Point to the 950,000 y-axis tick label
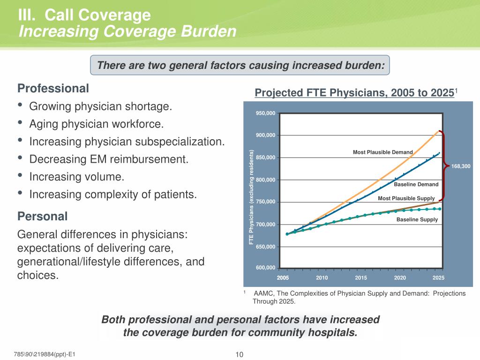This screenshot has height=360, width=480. [x=265, y=113]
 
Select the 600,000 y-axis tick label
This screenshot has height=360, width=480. [x=265, y=268]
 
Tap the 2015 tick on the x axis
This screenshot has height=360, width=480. [x=361, y=278]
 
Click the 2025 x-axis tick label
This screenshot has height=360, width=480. [x=438, y=278]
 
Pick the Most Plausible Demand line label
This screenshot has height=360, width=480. [x=382, y=152]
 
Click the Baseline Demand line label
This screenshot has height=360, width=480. [x=416, y=185]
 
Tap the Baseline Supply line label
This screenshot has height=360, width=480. [x=417, y=219]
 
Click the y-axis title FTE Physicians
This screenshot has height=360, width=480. [x=251, y=197]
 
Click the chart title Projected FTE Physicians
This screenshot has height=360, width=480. [x=354, y=92]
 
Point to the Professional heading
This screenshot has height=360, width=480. [x=53, y=88]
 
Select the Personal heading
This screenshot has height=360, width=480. [x=43, y=217]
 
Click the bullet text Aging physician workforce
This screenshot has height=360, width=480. [x=97, y=124]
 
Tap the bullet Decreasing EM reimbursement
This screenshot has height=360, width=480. [x=109, y=159]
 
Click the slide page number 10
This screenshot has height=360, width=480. [x=240, y=354]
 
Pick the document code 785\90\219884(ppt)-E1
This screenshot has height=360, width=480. [x=45, y=354]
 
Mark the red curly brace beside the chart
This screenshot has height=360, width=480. [x=443, y=165]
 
